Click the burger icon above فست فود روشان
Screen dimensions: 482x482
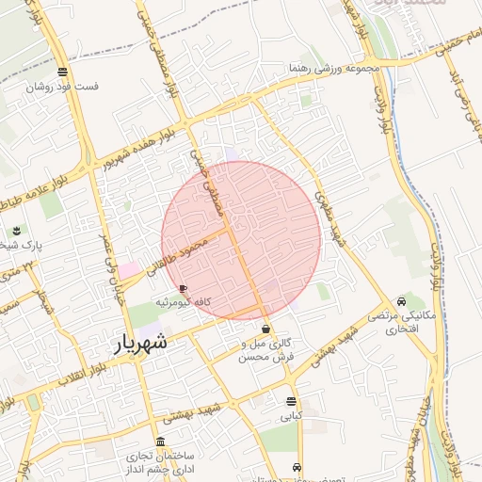(x=62, y=72)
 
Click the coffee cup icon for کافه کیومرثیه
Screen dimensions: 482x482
(x=182, y=288)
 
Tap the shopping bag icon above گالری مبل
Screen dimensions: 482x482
(x=266, y=330)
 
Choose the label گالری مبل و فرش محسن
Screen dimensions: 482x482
(x=266, y=351)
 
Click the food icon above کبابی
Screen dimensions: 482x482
(x=290, y=401)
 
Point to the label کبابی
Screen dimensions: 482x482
(x=290, y=414)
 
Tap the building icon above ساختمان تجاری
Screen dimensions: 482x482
(x=160, y=442)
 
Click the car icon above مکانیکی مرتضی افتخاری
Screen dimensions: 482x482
(x=402, y=302)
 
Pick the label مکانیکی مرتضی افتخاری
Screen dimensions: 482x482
(x=402, y=322)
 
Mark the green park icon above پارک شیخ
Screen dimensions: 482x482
(x=16, y=231)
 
